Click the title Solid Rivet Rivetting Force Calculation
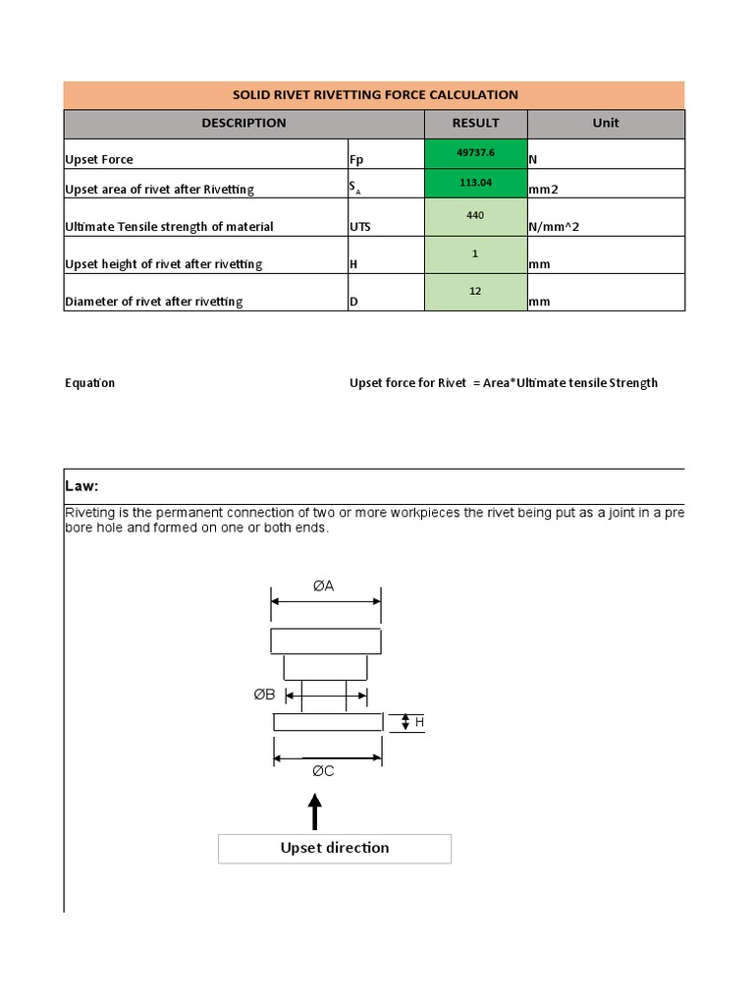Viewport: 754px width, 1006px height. pos(374,95)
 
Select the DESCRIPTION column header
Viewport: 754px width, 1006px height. pos(243,124)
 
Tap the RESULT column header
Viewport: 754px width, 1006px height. pos(475,124)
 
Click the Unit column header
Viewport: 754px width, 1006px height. pos(606,124)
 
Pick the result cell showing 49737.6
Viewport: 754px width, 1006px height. pos(475,154)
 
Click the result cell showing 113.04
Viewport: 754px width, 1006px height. pos(475,183)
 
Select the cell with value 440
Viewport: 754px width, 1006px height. pos(475,216)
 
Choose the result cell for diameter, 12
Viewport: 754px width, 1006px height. pos(475,292)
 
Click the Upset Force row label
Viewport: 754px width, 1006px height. pos(99,159)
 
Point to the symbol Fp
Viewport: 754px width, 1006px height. pos(355,159)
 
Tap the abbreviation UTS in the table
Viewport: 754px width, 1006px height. pos(360,227)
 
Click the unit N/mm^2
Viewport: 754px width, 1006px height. pos(554,227)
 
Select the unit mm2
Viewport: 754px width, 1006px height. pos(544,190)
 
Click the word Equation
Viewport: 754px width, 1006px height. pos(90,383)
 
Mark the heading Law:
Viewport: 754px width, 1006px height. pos(82,487)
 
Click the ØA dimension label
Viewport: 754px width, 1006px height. pos(324,586)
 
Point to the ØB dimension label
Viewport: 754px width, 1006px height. pos(264,695)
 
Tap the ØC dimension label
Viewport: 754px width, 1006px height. pos(324,771)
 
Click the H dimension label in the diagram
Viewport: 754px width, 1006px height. pos(419,722)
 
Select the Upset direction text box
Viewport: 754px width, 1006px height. pos(335,848)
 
